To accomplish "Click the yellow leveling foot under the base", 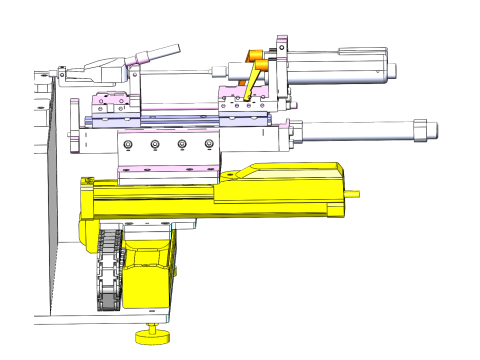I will (x=151, y=335).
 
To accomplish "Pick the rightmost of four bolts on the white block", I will (x=209, y=145).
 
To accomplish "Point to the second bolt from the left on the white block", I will (x=154, y=145).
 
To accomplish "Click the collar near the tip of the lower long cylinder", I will (x=419, y=129).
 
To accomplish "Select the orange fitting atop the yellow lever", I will (x=256, y=56).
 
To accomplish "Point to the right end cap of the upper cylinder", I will (x=389, y=70).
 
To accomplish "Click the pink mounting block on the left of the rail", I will (x=108, y=103).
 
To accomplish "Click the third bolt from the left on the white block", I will (x=182, y=145).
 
